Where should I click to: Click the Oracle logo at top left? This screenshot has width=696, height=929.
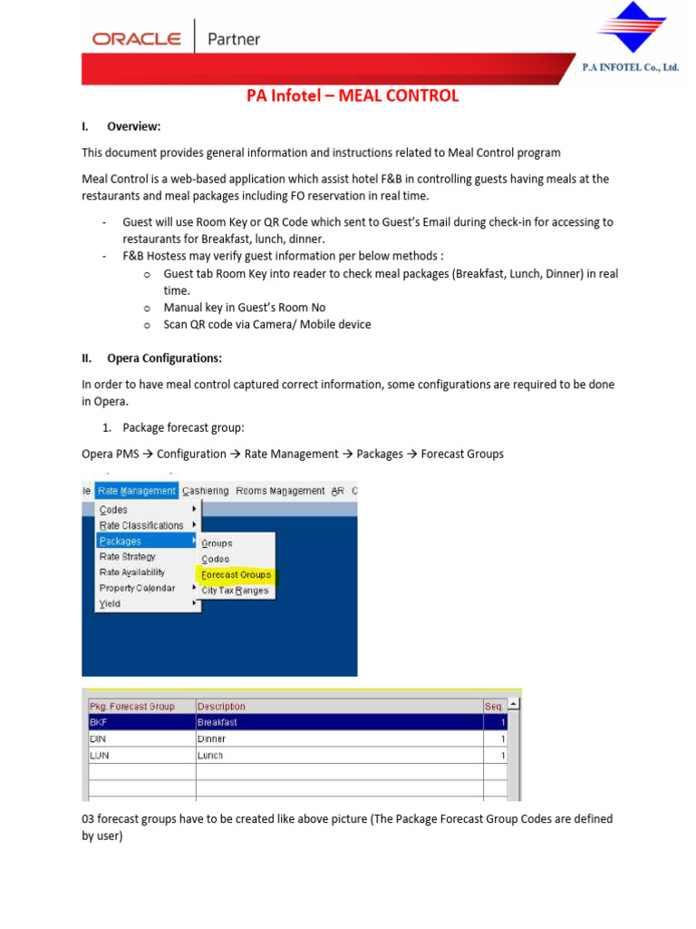pos(136,39)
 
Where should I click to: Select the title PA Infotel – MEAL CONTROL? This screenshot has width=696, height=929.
pos(353,96)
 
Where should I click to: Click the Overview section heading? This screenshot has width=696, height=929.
pos(133,126)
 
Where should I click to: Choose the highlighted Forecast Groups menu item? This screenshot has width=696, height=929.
pos(236,574)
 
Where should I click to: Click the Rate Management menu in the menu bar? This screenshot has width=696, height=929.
pos(136,491)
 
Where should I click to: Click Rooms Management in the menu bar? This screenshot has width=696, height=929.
pos(280,491)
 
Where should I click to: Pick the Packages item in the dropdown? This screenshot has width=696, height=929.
pos(121,541)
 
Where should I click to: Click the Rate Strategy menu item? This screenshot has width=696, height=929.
pos(127,557)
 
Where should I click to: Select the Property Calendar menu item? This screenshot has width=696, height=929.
pos(138,588)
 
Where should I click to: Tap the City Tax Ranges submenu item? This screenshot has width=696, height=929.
pos(235,591)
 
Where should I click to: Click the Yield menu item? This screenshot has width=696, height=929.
pos(110,603)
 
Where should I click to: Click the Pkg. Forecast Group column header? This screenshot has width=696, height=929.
pos(132,706)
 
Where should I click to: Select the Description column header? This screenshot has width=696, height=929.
pos(222,706)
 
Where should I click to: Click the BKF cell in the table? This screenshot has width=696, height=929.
pos(98,722)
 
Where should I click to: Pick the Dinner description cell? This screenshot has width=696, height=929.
pos(212,738)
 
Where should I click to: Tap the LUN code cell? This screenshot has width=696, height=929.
pos(98,755)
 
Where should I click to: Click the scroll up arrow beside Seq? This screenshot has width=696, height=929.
pos(514,704)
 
